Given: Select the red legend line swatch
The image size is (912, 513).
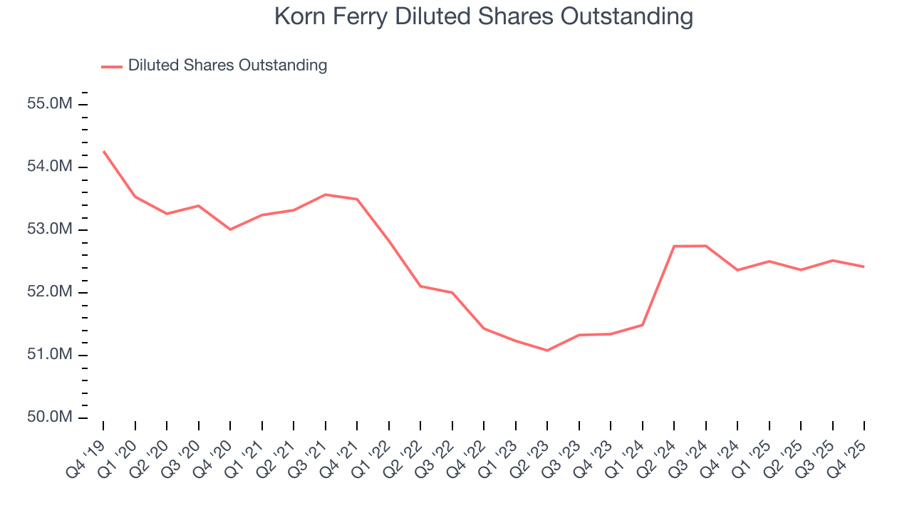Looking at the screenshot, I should point(112,66).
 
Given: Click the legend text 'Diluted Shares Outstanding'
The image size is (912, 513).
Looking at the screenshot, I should point(227,66).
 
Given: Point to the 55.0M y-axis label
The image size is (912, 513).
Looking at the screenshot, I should point(50,104).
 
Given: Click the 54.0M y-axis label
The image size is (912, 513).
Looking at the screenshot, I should point(50,167).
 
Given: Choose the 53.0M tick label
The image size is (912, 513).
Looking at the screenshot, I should point(50,229).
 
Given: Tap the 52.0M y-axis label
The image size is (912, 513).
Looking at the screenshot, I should point(50,292).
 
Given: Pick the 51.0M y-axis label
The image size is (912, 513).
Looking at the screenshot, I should point(50,355).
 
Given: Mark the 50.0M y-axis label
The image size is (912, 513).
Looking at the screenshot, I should point(50,418).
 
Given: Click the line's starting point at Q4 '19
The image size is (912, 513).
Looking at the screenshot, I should point(103,151).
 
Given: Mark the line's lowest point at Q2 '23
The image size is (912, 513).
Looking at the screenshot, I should point(547,351).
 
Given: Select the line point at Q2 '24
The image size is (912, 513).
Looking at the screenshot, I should point(674,246).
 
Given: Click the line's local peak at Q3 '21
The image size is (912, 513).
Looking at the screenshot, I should point(326,195).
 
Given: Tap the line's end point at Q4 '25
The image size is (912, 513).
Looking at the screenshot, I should point(864,266).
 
